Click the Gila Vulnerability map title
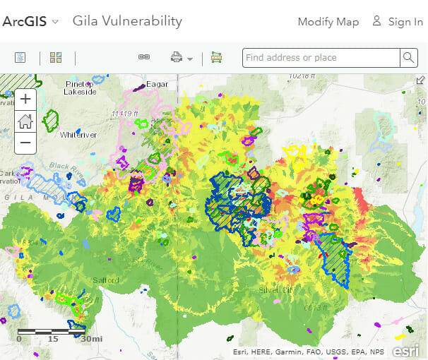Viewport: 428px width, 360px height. click(127, 21)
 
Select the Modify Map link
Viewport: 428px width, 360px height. click(328, 22)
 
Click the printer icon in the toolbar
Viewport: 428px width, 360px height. click(177, 58)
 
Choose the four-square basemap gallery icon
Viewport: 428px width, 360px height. click(57, 58)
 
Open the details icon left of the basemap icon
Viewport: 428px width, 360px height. click(20, 58)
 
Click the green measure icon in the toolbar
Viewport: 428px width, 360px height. click(216, 58)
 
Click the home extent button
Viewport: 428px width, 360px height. click(25, 121)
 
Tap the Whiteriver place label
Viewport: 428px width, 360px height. click(78, 134)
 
